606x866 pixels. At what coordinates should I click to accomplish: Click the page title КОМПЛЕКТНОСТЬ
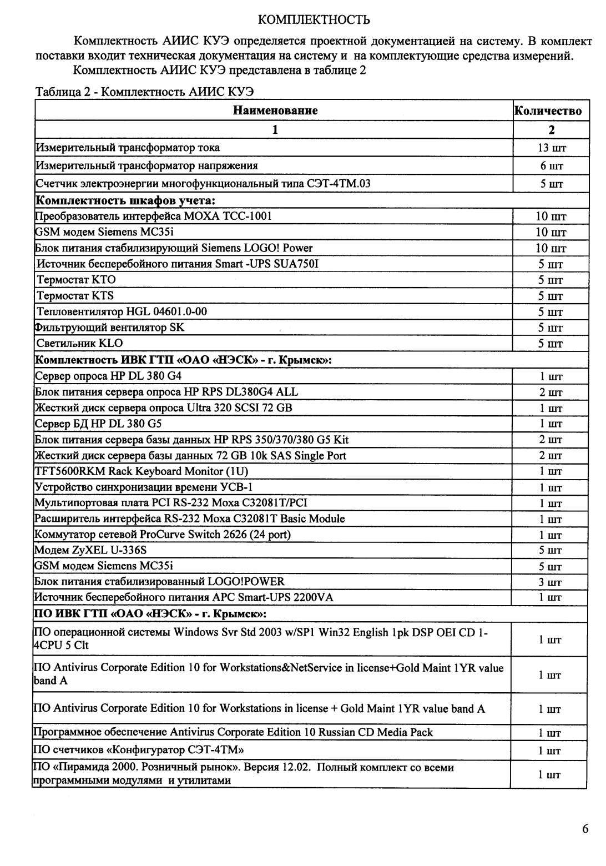coord(314,21)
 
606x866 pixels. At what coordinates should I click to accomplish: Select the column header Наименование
coord(275,110)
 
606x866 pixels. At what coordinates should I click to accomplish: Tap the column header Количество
coord(548,110)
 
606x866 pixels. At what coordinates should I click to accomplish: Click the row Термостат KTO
coord(76,279)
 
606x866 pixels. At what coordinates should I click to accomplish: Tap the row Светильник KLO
coord(79,343)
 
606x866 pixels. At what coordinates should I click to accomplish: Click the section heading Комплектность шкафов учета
coord(125,200)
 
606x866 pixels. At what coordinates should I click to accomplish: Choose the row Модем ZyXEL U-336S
coord(90,550)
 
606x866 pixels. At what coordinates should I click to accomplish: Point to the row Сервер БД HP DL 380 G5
coord(98,424)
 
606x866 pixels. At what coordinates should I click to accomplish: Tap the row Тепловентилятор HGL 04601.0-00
coord(122,311)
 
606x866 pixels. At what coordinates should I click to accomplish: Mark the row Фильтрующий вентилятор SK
coord(109,328)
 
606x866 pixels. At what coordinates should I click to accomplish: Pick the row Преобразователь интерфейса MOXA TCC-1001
coord(153,216)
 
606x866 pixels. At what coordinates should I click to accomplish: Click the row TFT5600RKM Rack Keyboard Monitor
coord(141,471)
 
